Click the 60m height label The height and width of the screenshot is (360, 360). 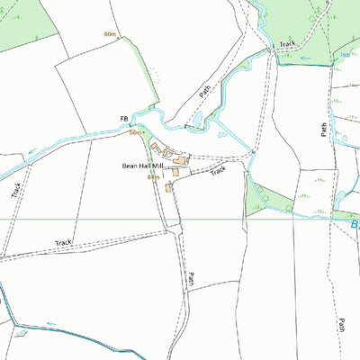[111, 34]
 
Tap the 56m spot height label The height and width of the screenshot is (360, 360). [135, 132]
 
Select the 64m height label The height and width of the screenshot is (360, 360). [153, 177]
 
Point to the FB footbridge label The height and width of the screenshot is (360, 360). [124, 119]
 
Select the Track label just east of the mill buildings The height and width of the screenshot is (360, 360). [219, 168]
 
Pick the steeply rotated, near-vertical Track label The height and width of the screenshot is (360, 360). [16, 190]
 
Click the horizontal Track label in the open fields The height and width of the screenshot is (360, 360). [62, 243]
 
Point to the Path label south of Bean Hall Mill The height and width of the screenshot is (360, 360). [191, 279]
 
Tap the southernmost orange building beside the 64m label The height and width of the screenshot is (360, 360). [168, 187]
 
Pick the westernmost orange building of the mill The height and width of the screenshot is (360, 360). [154, 145]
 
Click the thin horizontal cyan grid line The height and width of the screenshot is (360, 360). [90, 219]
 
